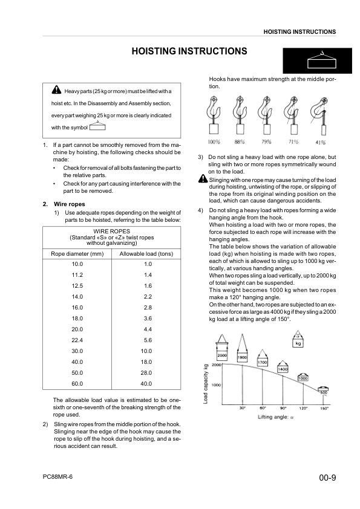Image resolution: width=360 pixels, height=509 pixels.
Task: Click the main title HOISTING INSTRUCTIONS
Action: [x=189, y=52]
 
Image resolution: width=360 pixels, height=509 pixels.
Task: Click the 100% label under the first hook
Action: [x=214, y=142]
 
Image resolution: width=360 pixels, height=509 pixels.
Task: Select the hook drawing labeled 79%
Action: [x=266, y=115]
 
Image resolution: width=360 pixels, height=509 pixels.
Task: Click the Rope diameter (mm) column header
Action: [x=77, y=254]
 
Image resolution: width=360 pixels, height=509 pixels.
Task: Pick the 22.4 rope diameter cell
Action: [x=77, y=340]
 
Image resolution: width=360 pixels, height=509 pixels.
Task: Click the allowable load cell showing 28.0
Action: [x=146, y=372]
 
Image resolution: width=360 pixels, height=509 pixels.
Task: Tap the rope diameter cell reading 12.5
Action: [x=77, y=285]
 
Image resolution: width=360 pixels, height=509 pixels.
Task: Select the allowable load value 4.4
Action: [x=146, y=329]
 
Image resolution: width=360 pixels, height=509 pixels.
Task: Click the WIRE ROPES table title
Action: [x=112, y=231]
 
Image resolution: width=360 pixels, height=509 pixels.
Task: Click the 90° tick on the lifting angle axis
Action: [x=282, y=409]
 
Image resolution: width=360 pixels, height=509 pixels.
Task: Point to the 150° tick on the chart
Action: [x=324, y=409]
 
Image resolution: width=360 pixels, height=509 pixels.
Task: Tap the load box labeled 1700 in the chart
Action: [x=263, y=362]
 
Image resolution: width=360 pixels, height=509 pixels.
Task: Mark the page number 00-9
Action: [x=327, y=478]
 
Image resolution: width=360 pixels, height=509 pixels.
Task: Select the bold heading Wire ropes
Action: [x=58, y=204]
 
